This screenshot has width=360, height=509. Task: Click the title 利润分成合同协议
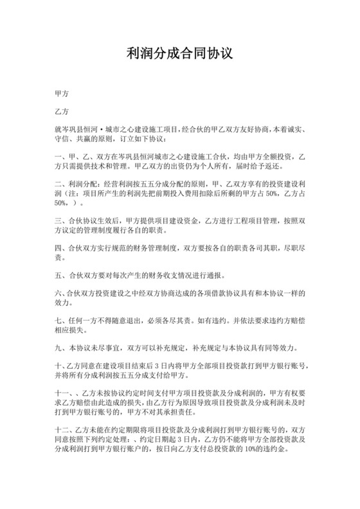coord(179,54)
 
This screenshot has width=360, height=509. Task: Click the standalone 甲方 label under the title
coord(62,93)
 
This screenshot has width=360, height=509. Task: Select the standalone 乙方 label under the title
coord(62,111)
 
